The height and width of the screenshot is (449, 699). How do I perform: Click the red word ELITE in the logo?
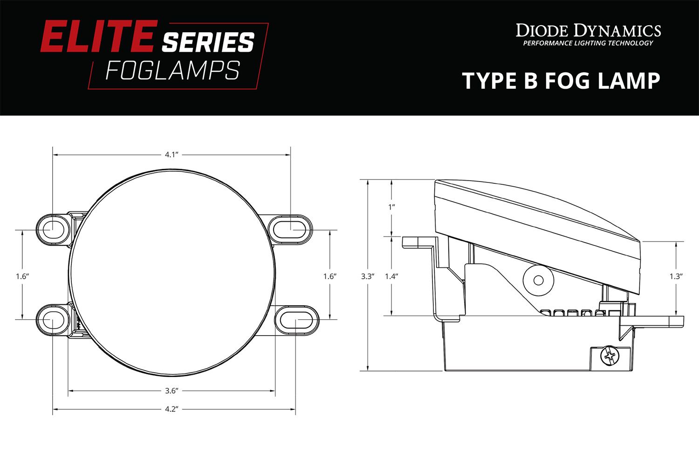pyautogui.click(x=97, y=36)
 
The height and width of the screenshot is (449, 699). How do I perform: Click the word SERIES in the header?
pyautogui.click(x=208, y=42)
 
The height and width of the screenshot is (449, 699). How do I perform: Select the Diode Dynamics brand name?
pyautogui.click(x=588, y=31)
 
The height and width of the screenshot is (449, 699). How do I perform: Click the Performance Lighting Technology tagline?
pyautogui.click(x=588, y=43)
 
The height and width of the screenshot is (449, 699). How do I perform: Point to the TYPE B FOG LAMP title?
pyautogui.click(x=561, y=81)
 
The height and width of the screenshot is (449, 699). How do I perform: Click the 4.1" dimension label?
pyautogui.click(x=172, y=154)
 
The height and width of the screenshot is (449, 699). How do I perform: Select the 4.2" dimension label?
pyautogui.click(x=172, y=409)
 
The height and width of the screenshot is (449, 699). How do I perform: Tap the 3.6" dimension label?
pyautogui.click(x=172, y=390)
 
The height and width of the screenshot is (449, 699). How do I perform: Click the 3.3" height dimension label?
pyautogui.click(x=368, y=276)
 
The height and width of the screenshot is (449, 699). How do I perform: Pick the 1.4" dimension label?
pyautogui.click(x=391, y=276)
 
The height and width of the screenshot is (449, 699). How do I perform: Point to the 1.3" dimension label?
pyautogui.click(x=676, y=276)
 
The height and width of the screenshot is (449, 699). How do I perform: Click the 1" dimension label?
pyautogui.click(x=391, y=206)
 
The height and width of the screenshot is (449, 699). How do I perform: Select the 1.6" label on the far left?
pyautogui.click(x=22, y=276)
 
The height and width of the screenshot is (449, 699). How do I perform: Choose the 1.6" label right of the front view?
pyautogui.click(x=330, y=276)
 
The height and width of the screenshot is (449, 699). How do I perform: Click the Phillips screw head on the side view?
pyautogui.click(x=610, y=358)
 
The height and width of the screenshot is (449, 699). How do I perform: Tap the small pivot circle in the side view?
pyautogui.click(x=538, y=280)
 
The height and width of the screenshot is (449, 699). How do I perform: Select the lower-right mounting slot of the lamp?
pyautogui.click(x=296, y=320)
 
